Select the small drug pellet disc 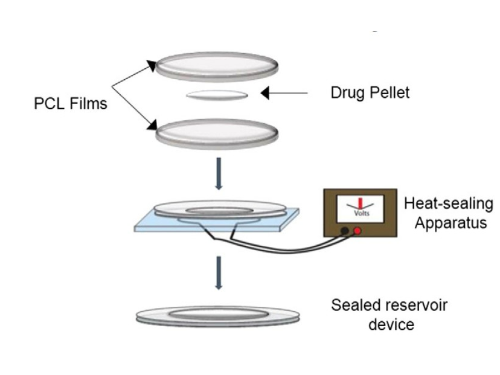(217, 94)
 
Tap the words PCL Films (70, 103)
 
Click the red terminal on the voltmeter (357, 231)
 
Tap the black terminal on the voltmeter (344, 231)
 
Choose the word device (391, 324)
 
